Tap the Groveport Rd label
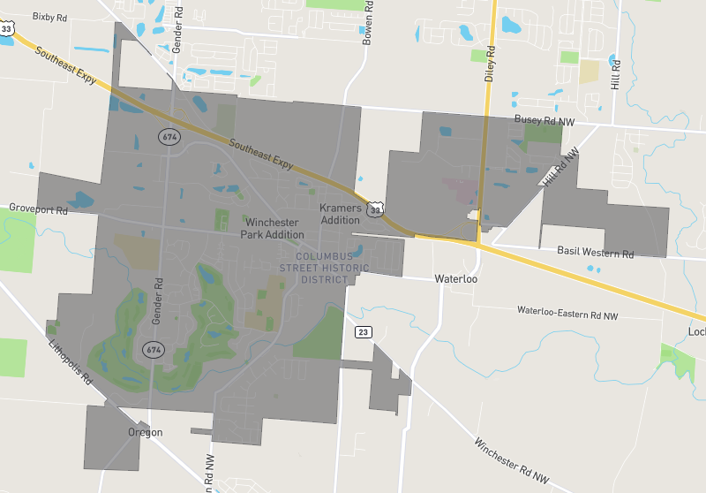[x=38, y=209]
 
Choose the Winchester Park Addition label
[x=272, y=228]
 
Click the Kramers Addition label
[x=341, y=213]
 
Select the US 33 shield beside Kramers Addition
[x=376, y=209]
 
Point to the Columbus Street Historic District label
[x=314, y=267]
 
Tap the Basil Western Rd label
[x=595, y=253]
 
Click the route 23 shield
[x=363, y=332]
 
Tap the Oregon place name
[x=145, y=432]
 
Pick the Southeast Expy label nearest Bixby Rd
[x=65, y=66]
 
